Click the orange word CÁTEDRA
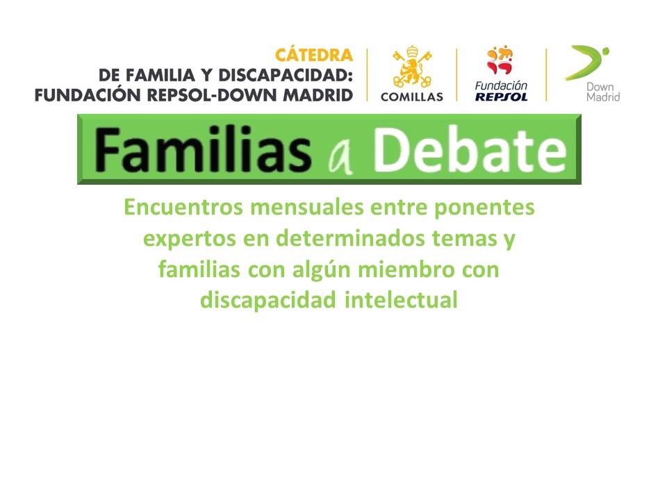tap(314, 54)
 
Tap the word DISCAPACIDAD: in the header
tap(286, 75)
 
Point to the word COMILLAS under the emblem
tap(412, 97)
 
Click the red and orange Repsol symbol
tap(500, 60)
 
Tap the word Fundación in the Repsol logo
tap(501, 85)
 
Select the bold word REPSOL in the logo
tap(501, 97)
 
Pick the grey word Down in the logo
tap(600, 87)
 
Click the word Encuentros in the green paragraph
tap(183, 208)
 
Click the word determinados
tap(350, 238)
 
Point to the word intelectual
tap(401, 300)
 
